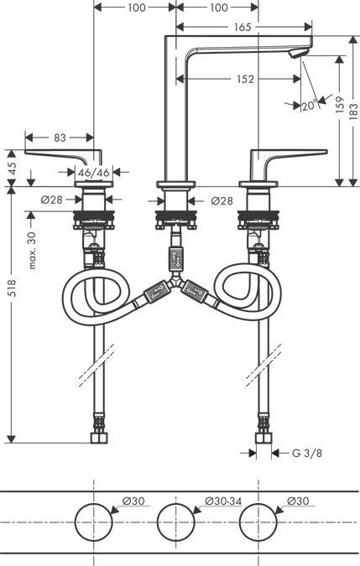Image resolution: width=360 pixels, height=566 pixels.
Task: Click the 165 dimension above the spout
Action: (242, 28)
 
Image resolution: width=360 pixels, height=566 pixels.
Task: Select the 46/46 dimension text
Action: (93, 172)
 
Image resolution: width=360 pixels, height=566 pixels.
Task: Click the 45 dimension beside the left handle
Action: (11, 166)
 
